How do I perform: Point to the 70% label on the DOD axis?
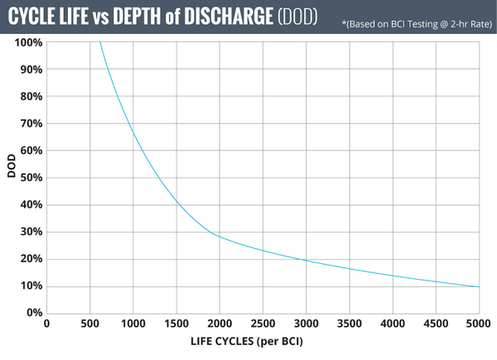click(x=30, y=123)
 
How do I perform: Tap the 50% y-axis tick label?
click(x=30, y=177)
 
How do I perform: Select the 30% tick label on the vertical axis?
click(x=30, y=232)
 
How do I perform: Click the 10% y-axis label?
click(x=30, y=286)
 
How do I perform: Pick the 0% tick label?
click(x=32, y=313)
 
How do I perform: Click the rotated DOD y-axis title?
click(x=12, y=177)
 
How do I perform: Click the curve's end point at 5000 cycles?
click(x=479, y=287)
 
